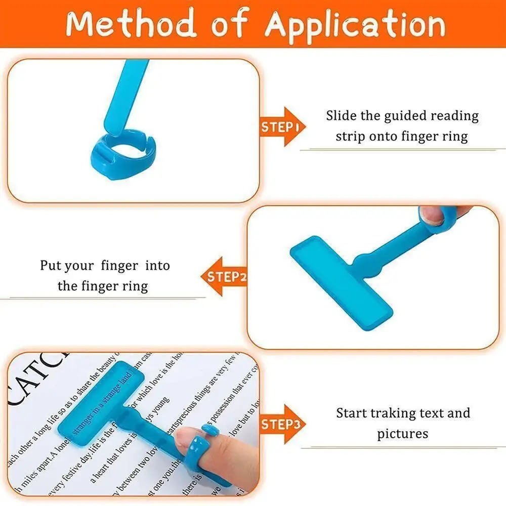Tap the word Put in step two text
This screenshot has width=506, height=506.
tap(52, 266)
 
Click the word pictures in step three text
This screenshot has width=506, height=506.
tap(403, 434)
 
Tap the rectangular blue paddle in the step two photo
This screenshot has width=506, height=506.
tap(342, 280)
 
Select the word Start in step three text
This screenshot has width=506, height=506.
tap(351, 413)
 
